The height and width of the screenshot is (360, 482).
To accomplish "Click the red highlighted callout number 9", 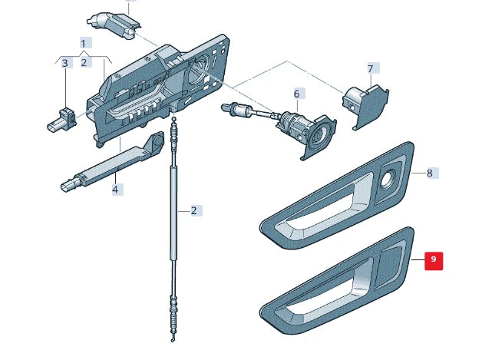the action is click(434, 261).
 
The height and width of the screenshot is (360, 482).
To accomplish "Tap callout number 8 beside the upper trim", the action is click(430, 173).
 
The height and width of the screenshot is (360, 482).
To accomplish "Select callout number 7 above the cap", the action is click(370, 68).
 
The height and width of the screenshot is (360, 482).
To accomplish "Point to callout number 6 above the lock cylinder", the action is click(296, 94).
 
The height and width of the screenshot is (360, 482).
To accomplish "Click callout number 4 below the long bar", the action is click(115, 189).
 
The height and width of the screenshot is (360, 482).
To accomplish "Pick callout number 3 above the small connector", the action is click(65, 63).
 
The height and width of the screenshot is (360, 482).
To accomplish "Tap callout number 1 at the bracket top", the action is click(83, 43).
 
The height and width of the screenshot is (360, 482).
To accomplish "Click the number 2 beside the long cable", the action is click(193, 210).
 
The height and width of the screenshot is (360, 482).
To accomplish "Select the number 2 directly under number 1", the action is click(84, 63).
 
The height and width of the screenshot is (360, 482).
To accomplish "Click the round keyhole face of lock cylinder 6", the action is click(319, 135).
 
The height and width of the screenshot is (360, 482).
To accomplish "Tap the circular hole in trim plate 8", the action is click(388, 180).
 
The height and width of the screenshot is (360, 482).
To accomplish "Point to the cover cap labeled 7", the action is click(366, 104).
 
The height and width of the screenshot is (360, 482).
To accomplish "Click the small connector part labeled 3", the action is click(61, 121).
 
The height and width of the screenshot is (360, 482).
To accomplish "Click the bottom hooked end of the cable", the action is click(173, 339).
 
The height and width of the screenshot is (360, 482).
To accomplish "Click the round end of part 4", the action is click(157, 140).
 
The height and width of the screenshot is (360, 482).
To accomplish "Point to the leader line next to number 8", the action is click(418, 173).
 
